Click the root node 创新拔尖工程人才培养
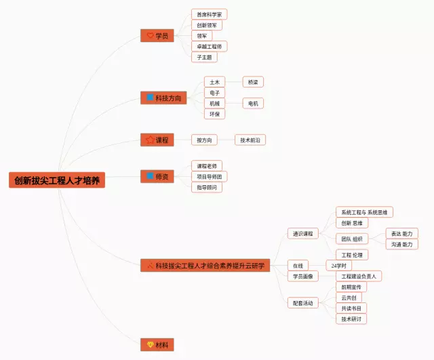pyautogui.click(x=58, y=180)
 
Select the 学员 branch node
pyautogui.click(x=157, y=35)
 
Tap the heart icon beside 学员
pyautogui.click(x=150, y=35)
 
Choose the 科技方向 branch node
pyautogui.click(x=163, y=98)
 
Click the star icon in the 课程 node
pyautogui.click(x=150, y=140)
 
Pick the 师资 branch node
pyautogui.click(x=157, y=176)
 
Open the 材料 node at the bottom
pyautogui.click(x=157, y=345)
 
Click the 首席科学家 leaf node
pyautogui.click(x=209, y=14)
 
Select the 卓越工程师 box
pyautogui.click(x=209, y=46)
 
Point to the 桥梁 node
pyautogui.click(x=253, y=82)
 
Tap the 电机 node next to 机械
pyautogui.click(x=253, y=103)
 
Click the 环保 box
pyautogui.click(x=214, y=114)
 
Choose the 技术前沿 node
pyautogui.click(x=250, y=140)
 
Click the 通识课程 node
pyautogui.click(x=302, y=234)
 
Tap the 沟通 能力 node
pyautogui.click(x=401, y=244)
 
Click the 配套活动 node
pyautogui.click(x=302, y=303)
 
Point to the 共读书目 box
pyautogui.click(x=351, y=308)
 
